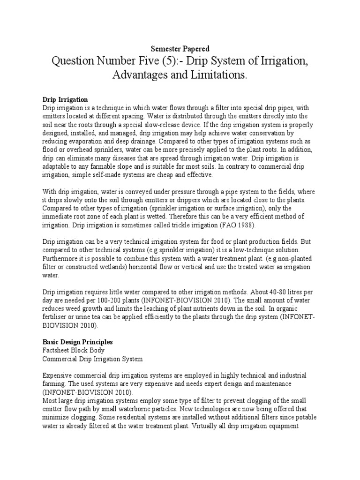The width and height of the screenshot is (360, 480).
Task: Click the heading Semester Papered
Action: coord(180,49)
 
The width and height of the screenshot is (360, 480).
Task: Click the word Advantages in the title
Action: coord(143,75)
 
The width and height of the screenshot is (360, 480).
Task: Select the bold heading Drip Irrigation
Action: coord(65,100)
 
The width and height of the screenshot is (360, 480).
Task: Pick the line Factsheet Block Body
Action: coord(74,351)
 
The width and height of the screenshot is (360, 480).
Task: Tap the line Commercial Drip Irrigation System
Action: coord(92,359)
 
